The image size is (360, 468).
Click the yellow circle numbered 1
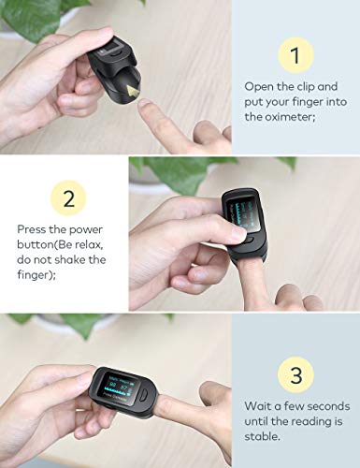[x=295, y=55]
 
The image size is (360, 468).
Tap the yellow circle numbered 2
[x=68, y=197]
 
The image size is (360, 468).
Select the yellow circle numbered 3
[x=295, y=374]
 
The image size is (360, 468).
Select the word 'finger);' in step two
[x=36, y=275]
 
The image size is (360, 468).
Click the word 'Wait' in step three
[x=256, y=406]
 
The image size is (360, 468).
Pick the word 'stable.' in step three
[x=262, y=436]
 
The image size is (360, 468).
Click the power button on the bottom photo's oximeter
[x=143, y=395]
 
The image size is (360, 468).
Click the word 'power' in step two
[x=86, y=230]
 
